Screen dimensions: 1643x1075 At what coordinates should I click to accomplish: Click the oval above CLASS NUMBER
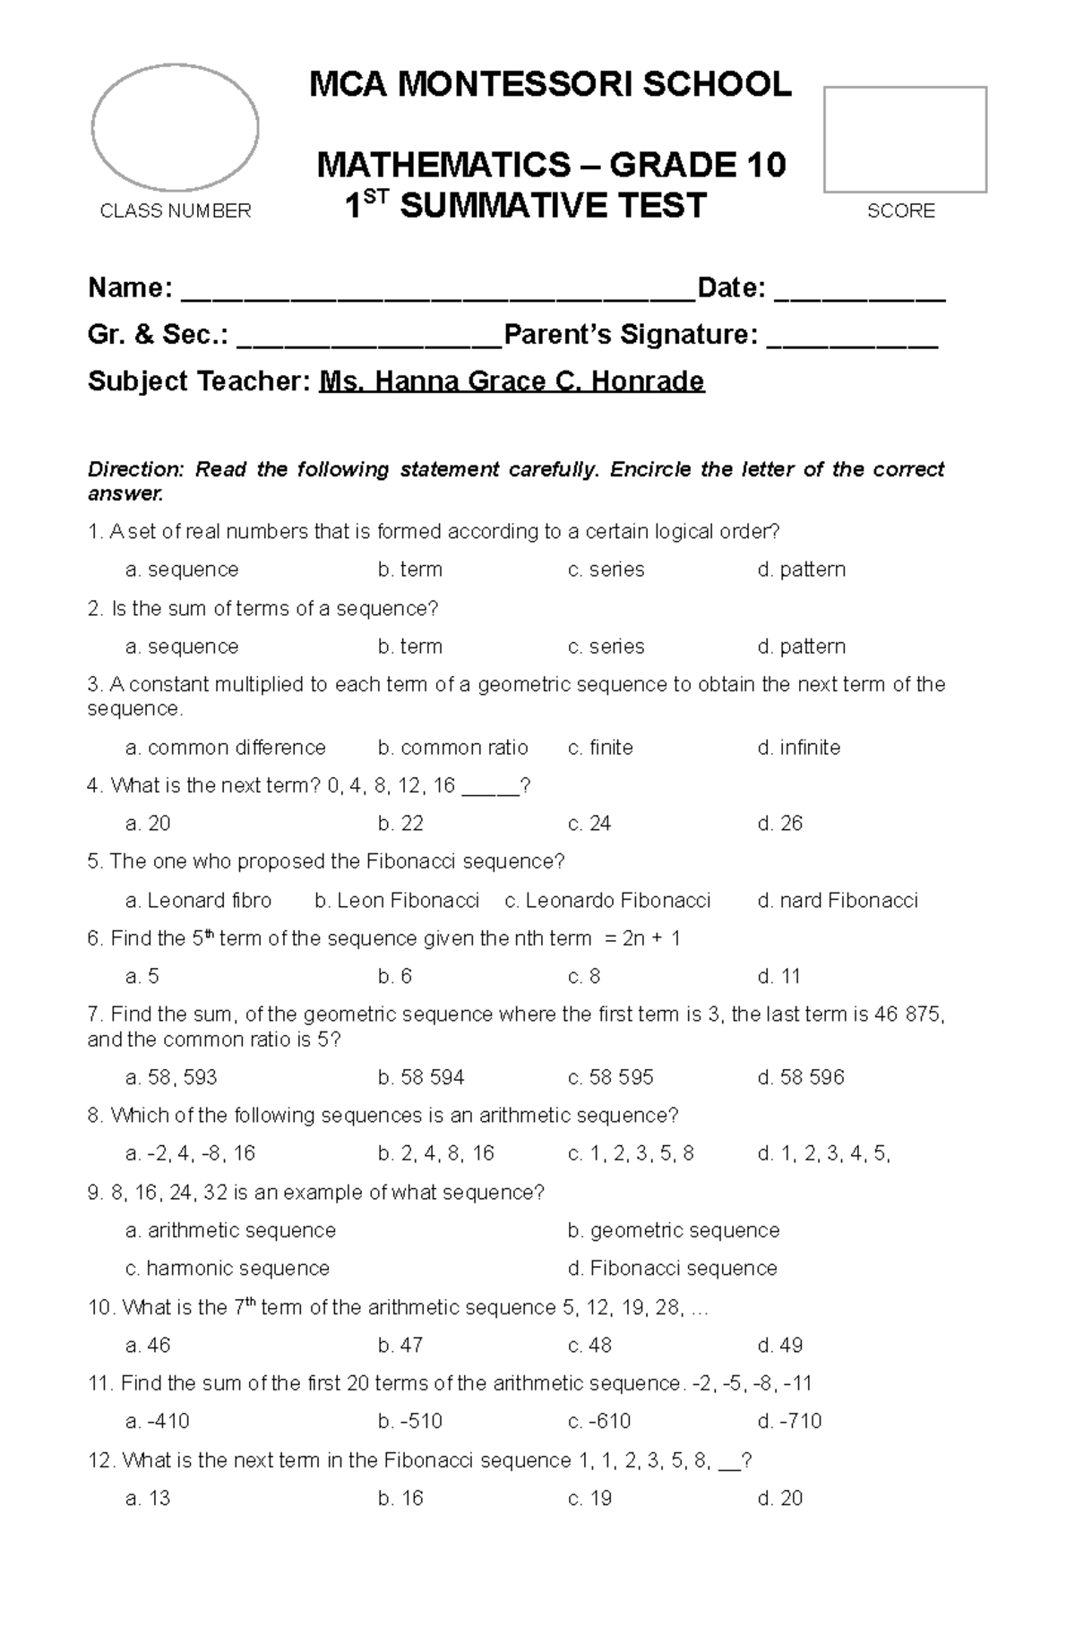coord(176,127)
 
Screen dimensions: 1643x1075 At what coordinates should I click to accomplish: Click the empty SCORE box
coord(905,140)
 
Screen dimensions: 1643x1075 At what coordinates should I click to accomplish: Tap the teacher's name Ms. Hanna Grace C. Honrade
coord(512,381)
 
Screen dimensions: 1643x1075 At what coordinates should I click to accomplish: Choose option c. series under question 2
coord(606,646)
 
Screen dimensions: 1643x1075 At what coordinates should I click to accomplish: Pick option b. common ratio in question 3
coord(452,748)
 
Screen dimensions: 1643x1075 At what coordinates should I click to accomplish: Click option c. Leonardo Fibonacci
coord(607,901)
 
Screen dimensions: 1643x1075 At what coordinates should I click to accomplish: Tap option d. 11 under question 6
coord(778,977)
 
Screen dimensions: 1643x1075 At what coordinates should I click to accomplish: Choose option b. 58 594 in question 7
coord(421,1078)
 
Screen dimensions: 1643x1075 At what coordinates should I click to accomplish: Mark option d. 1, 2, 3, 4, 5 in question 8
coord(823,1154)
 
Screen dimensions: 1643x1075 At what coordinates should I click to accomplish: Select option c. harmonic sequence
coord(228,1269)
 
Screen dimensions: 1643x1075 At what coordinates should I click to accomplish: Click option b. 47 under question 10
coord(400,1346)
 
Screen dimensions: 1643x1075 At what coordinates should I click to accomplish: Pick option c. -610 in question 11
coord(599,1422)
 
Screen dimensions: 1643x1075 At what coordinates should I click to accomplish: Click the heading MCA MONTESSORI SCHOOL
coord(550,85)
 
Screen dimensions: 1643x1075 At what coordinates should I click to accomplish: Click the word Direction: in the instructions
coord(135,470)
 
